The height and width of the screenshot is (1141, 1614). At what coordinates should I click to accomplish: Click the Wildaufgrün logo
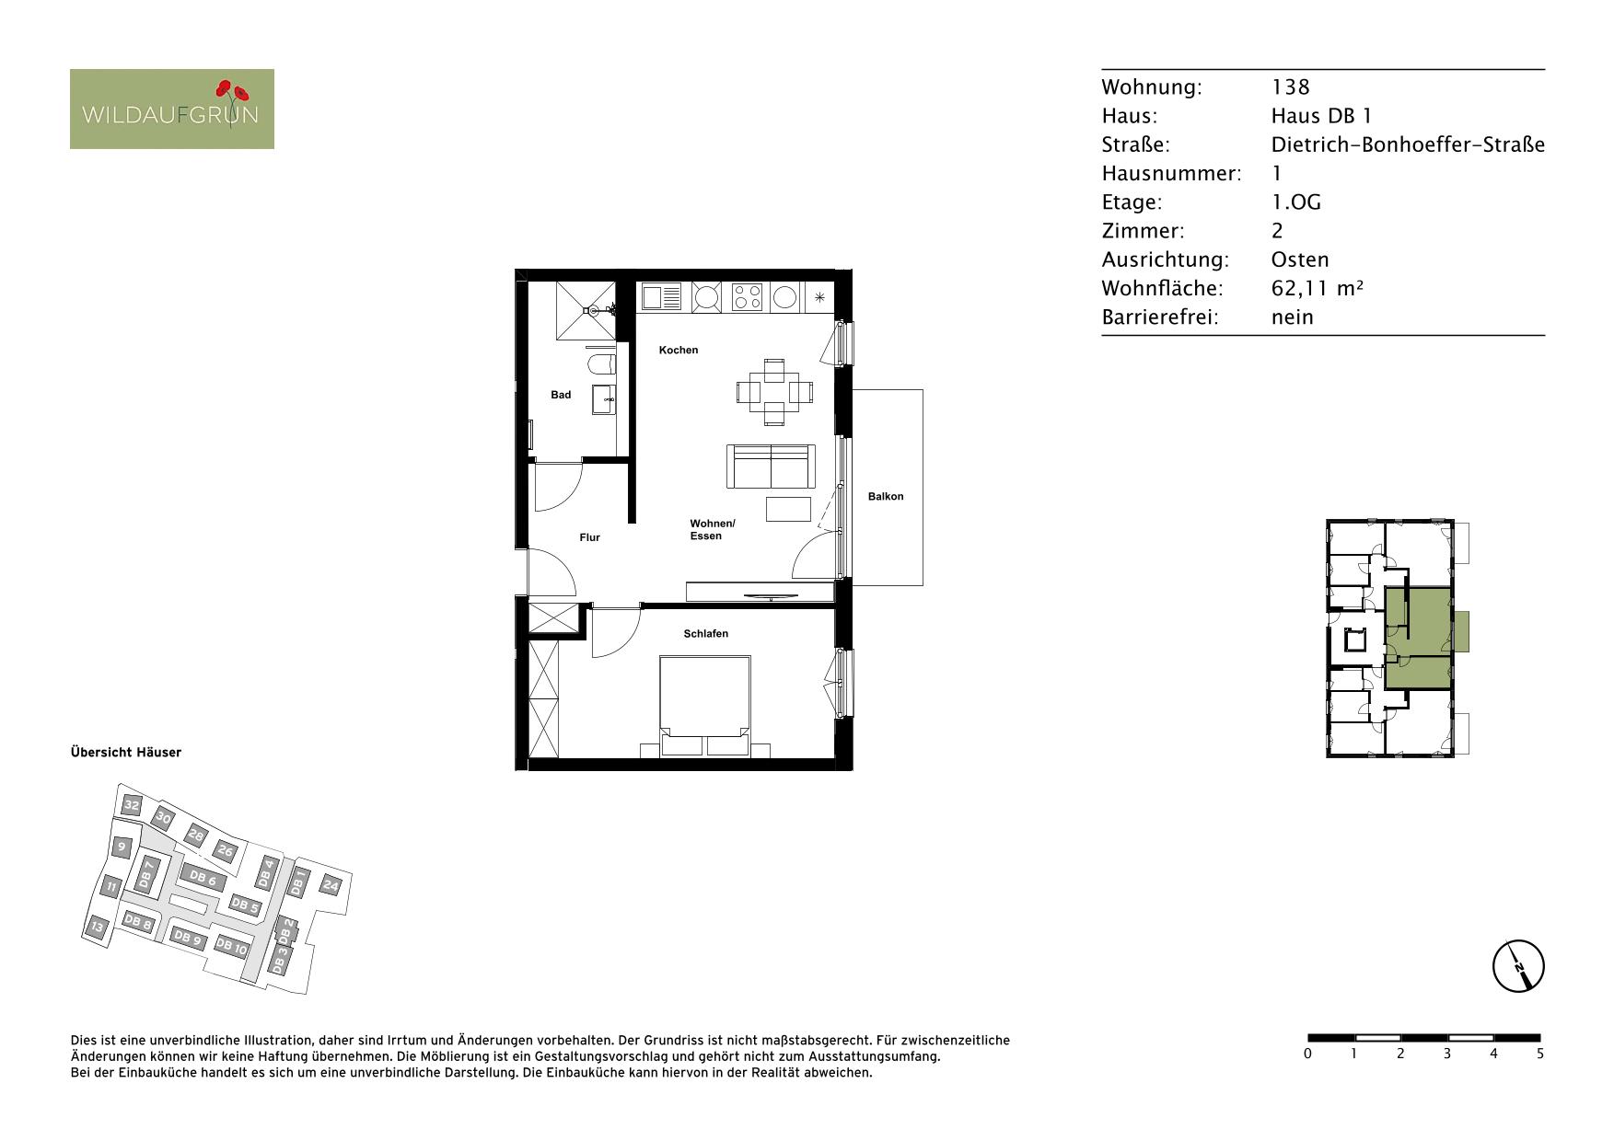click(x=172, y=109)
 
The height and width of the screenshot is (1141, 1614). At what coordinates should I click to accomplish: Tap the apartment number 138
click(x=1290, y=86)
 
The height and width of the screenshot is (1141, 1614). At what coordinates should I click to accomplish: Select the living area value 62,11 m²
click(x=1317, y=288)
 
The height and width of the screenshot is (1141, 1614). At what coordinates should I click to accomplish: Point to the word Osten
click(x=1300, y=259)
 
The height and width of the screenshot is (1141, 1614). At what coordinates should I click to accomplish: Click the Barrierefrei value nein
click(x=1293, y=317)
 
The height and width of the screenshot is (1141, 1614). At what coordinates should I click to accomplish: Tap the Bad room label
click(x=561, y=395)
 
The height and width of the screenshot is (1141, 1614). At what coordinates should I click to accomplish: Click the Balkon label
click(x=886, y=496)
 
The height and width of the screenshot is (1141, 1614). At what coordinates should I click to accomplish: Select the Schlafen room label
click(x=706, y=633)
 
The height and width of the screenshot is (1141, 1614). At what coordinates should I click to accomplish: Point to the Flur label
click(x=590, y=537)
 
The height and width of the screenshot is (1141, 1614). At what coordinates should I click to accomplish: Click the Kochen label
click(x=679, y=350)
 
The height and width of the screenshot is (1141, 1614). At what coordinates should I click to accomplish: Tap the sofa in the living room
click(x=772, y=467)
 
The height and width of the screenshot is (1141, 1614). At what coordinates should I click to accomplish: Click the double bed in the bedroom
click(x=705, y=706)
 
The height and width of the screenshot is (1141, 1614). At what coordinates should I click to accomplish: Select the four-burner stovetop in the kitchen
click(x=747, y=296)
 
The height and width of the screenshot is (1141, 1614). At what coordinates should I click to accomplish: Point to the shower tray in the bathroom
click(x=586, y=312)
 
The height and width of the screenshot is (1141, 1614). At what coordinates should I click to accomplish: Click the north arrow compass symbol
click(x=1518, y=967)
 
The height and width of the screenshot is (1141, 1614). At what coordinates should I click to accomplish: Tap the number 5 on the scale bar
click(x=1540, y=1054)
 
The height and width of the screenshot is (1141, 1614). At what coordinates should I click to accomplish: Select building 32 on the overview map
click(x=132, y=806)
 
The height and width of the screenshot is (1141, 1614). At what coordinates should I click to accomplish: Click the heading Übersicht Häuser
click(x=126, y=752)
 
